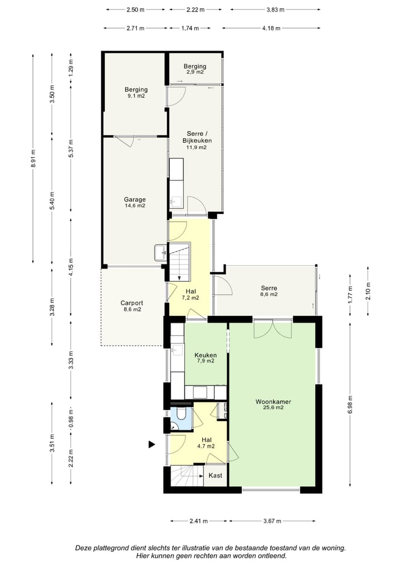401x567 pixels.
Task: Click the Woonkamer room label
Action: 273,402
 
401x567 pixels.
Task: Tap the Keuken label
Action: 206,355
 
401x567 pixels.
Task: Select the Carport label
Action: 131,303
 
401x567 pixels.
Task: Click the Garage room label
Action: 135,199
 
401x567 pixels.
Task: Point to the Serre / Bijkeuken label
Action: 197,137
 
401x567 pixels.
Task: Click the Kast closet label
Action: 215,476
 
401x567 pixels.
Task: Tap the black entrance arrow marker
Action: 152,444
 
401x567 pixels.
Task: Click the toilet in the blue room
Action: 181,414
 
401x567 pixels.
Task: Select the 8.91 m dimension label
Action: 33,158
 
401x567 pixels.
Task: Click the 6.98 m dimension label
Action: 350,405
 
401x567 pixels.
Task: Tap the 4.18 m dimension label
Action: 271,28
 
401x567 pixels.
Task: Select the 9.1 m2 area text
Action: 136,96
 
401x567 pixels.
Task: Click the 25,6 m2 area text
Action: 273,408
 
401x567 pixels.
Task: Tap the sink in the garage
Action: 160,252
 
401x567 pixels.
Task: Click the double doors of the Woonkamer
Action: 273,329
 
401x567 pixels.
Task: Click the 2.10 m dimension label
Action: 368,291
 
